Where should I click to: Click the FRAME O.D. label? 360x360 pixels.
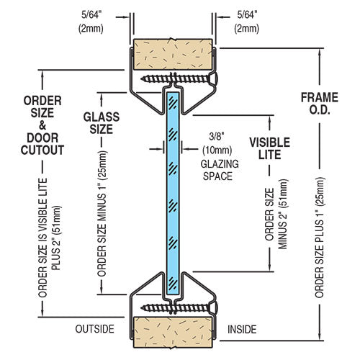click(x=320, y=104)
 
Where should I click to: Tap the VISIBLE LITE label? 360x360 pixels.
click(x=270, y=148)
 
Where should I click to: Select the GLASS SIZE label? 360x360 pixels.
click(x=102, y=123)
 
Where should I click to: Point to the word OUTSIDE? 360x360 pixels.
click(x=94, y=329)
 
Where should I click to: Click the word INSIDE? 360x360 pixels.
click(x=242, y=329)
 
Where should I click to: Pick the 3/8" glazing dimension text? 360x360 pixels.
click(x=217, y=137)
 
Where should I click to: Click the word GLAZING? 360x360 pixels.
click(x=220, y=164)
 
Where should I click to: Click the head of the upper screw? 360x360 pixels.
click(x=214, y=78)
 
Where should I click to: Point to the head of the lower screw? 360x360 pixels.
click(x=214, y=307)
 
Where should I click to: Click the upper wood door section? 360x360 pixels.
click(x=173, y=54)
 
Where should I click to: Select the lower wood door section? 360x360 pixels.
click(x=173, y=332)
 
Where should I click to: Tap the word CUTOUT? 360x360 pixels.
click(x=42, y=150)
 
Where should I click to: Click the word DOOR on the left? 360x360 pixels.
click(x=42, y=138)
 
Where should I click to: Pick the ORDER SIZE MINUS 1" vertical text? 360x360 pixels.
click(x=102, y=213)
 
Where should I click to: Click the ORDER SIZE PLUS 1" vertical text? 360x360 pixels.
click(x=320, y=238)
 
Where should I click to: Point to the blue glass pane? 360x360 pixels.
click(x=173, y=193)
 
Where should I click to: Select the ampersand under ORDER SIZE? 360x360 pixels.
click(x=42, y=125)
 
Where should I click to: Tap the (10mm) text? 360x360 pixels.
click(x=217, y=150)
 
